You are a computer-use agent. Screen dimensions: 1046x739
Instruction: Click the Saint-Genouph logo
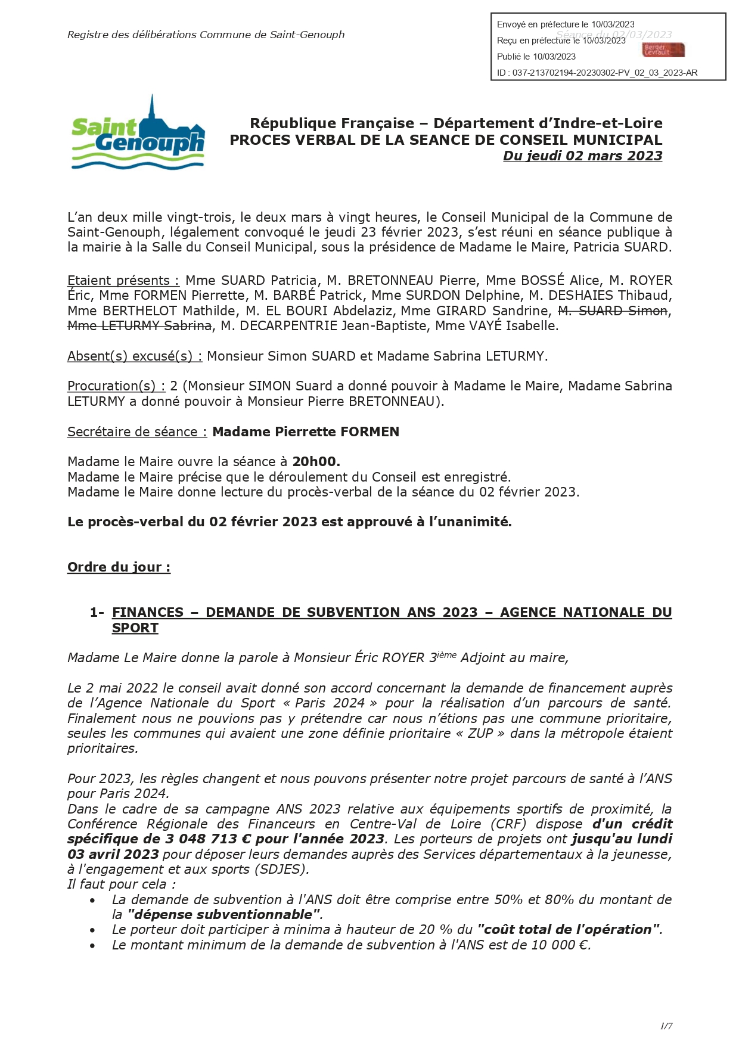[x=138, y=134]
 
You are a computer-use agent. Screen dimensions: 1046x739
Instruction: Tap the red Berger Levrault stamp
[x=663, y=50]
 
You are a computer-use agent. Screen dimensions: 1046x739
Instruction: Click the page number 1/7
[x=666, y=1026]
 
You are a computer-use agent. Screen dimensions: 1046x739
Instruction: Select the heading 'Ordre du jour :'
[x=119, y=567]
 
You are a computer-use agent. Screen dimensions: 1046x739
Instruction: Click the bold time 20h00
[x=316, y=462]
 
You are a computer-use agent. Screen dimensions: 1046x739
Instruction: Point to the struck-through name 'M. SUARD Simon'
[x=612, y=311]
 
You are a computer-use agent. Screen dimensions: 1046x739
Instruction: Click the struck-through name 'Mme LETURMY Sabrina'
[x=139, y=325]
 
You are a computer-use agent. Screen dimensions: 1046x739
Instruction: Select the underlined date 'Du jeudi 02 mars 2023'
[x=582, y=156]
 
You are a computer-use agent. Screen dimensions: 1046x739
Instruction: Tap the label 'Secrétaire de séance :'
[x=137, y=432]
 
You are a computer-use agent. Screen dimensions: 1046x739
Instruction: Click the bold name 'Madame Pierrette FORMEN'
[x=306, y=432]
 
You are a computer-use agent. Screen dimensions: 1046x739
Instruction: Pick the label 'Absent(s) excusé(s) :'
[x=135, y=356]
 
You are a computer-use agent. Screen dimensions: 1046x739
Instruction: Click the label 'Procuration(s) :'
[x=116, y=386]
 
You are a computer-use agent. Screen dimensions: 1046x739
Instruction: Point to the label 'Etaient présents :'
[x=123, y=281]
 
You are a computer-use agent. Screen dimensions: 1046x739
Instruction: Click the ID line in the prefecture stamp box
[x=597, y=73]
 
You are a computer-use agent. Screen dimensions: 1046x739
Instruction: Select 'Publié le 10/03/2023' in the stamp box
[x=536, y=57]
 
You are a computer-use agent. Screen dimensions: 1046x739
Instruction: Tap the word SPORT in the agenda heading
[x=135, y=628]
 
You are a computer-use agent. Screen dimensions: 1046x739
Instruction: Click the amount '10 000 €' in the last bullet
[x=551, y=945]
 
